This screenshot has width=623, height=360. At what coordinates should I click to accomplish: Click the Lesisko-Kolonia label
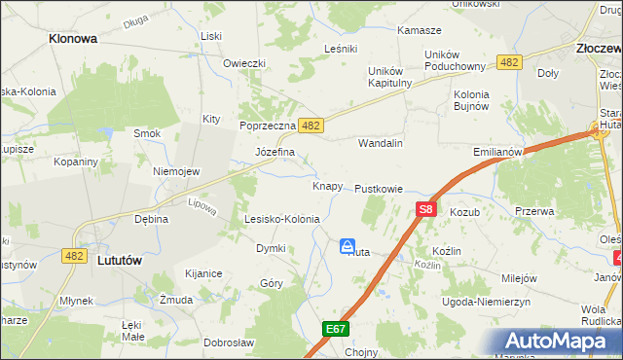282,220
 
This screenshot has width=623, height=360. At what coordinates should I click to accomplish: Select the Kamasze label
419,31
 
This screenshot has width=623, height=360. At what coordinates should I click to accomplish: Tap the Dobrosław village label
229,342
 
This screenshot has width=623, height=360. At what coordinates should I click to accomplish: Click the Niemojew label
176,171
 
